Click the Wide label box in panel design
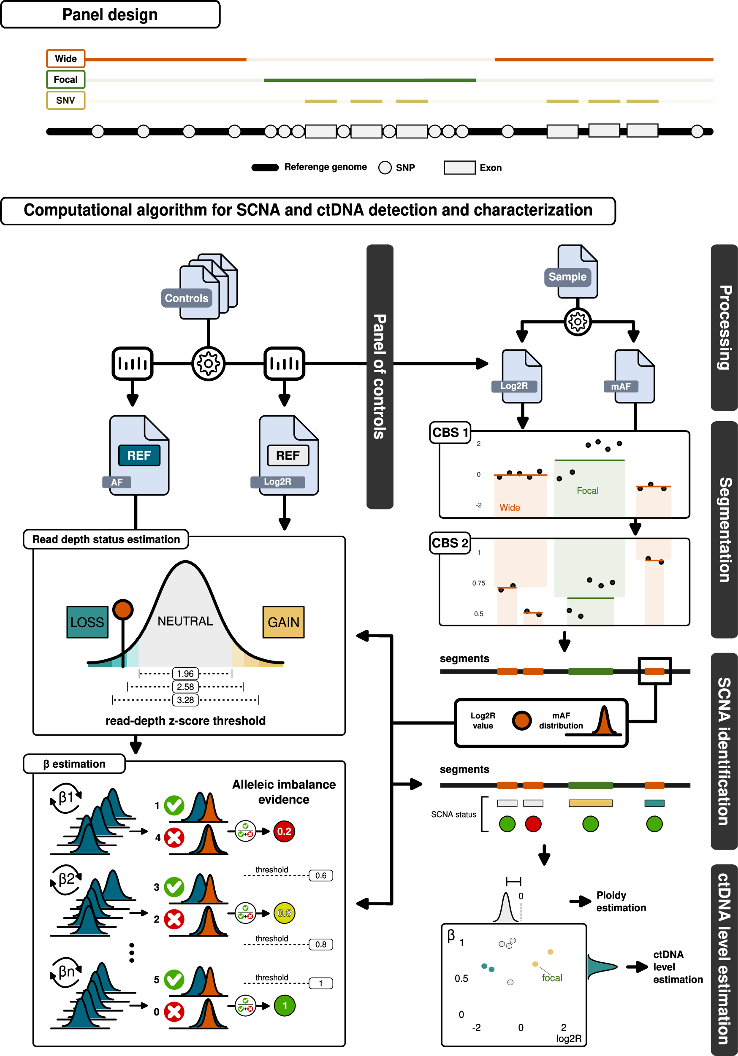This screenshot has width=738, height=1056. pos(66,58)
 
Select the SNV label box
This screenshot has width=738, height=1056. pos(66,100)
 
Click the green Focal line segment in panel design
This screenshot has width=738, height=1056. pos(369,80)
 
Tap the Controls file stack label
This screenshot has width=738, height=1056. pos(186,298)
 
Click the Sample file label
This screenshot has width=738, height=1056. pos(567,277)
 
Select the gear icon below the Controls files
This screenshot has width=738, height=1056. pos(209,364)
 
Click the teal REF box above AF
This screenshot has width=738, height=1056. pos(139,455)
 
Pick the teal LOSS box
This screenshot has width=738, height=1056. pos(87,622)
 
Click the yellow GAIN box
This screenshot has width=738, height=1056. pos(283,622)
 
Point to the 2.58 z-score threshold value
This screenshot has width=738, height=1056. pos(185,687)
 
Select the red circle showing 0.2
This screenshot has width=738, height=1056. pos(284,831)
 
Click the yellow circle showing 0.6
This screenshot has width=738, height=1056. pos(284,913)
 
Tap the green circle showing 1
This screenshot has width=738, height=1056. pos(284,1005)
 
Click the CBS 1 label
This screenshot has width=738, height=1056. pos(450,432)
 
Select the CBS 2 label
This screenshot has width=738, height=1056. pos(450,543)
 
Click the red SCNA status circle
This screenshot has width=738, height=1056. pos(533,824)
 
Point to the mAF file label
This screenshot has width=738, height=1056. pos(621,386)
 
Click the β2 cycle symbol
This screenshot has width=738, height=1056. pos(66,880)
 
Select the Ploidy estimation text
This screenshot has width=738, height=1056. pos(621,901)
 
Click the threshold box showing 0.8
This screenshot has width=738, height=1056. pos(321,944)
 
